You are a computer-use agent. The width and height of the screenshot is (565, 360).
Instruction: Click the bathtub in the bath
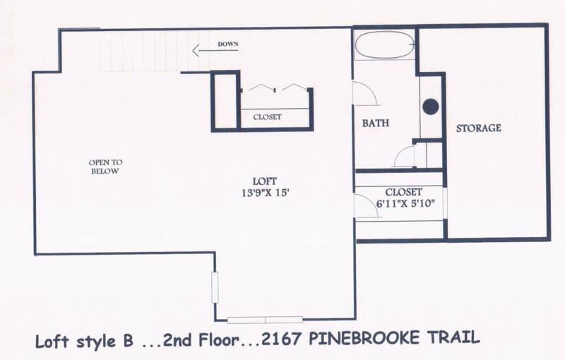[x=384, y=45]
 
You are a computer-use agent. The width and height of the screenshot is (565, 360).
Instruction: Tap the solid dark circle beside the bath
[x=431, y=107]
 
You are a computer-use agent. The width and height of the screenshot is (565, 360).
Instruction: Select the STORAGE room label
[x=479, y=128]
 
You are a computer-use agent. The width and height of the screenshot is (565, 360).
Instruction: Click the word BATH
[x=376, y=123]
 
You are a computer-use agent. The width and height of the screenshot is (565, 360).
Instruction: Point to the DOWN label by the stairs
[x=227, y=44]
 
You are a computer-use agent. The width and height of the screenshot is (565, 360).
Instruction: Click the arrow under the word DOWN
[x=215, y=50]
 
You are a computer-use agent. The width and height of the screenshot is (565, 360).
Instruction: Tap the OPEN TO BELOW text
[x=105, y=167]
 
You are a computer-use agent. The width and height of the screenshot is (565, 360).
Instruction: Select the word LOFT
[x=265, y=181]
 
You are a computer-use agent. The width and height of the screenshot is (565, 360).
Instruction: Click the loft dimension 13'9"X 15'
[x=266, y=193]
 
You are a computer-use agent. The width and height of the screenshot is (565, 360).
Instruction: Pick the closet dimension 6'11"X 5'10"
[x=405, y=204]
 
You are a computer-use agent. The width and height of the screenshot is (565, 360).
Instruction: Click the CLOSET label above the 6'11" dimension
[x=403, y=192]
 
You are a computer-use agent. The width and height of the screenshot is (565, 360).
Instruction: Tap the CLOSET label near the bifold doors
[x=267, y=117]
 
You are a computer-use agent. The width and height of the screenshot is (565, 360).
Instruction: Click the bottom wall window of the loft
[x=265, y=320]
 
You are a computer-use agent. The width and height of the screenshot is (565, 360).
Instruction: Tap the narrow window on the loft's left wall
[x=215, y=287]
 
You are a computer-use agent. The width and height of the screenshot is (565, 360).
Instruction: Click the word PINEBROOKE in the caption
[x=364, y=339]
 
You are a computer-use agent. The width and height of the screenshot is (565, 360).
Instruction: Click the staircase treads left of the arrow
[x=144, y=51]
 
